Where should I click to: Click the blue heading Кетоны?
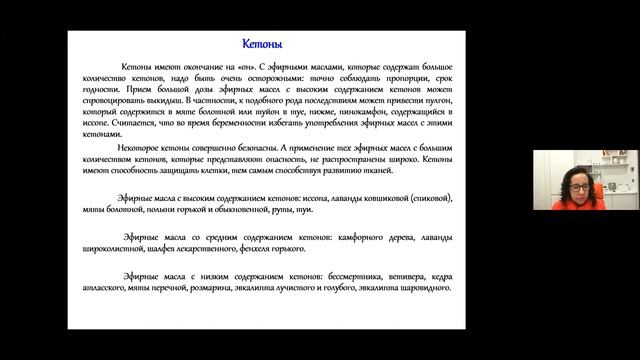264,45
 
